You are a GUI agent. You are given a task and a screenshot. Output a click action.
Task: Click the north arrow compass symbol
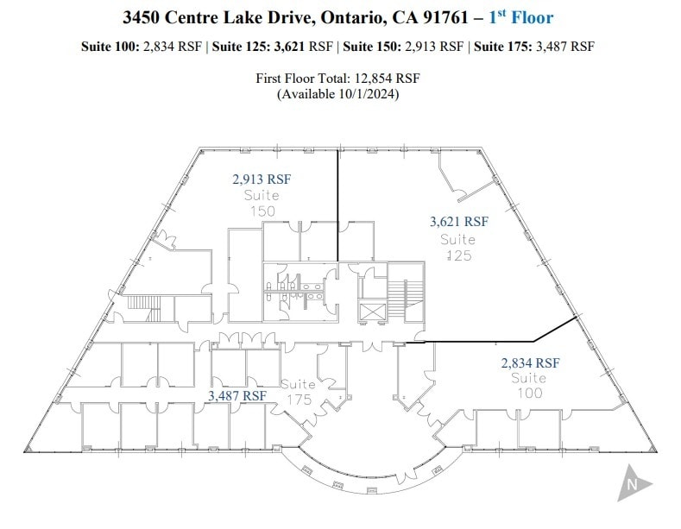(633, 482)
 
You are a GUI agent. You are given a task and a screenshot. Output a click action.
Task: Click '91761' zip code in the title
(455, 16)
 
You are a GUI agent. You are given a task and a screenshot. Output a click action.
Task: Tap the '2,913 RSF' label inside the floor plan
(262, 179)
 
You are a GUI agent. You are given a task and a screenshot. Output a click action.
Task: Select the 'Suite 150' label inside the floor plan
(262, 203)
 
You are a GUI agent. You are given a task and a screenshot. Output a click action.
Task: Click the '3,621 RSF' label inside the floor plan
(459, 222)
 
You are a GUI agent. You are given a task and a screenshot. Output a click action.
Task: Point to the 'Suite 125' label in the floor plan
(458, 247)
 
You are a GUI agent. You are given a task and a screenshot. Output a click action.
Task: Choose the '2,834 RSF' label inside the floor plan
(530, 363)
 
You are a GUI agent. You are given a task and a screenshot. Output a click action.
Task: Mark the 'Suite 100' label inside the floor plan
(528, 386)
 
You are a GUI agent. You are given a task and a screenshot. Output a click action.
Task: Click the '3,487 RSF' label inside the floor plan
(236, 395)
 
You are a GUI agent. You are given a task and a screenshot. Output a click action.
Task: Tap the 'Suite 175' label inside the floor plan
(298, 391)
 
